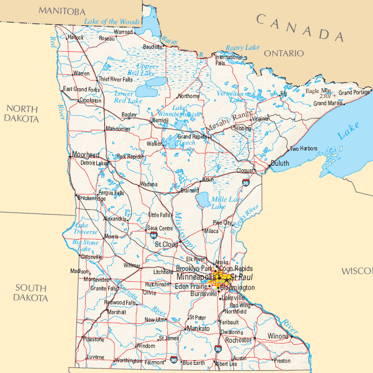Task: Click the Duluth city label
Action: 280,163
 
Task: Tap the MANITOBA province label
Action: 62,11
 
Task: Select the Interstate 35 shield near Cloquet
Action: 246,183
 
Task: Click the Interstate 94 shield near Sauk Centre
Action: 154,235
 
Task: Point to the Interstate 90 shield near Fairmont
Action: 174,360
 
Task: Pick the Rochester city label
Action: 239,340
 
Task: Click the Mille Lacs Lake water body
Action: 203,199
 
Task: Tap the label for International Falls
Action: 229,60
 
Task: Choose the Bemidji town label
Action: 160,120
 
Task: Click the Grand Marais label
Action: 328,103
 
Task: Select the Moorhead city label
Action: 86,155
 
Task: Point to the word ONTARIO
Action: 284,53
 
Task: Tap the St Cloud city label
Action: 166,245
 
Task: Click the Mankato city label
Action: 198,328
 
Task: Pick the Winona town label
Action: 278,337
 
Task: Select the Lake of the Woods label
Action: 112,22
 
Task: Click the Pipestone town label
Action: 93,340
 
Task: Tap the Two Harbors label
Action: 304,149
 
